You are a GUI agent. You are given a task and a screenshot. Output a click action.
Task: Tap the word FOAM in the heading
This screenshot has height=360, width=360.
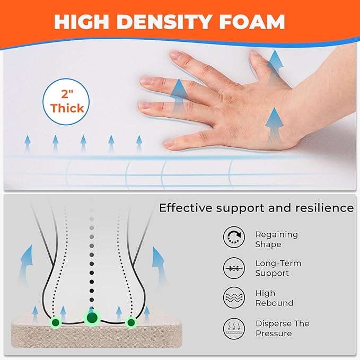(252, 22)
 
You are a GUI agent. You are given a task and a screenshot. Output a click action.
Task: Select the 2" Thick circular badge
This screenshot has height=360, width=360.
(66, 102)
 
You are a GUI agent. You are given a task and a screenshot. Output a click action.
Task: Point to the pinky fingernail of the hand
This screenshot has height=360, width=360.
(168, 144)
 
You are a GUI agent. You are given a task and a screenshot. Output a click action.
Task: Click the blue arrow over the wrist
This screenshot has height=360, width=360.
(274, 125)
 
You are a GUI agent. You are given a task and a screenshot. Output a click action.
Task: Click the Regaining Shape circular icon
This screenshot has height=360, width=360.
(234, 237)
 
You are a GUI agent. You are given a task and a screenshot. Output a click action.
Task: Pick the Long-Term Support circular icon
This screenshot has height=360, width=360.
(234, 268)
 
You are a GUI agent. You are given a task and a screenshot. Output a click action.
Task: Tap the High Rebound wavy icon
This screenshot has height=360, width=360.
(234, 297)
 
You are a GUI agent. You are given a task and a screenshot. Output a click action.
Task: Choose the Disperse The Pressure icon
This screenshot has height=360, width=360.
(234, 329)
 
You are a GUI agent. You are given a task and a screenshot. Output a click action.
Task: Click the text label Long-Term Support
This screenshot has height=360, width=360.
(278, 268)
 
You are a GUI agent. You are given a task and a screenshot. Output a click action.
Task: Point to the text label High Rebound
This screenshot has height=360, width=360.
(274, 298)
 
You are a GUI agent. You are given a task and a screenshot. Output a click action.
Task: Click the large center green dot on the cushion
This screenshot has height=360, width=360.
(92, 318)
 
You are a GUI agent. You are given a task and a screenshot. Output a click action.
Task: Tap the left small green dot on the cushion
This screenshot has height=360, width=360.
(56, 322)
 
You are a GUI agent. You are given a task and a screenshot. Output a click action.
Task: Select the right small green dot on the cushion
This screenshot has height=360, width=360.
(131, 322)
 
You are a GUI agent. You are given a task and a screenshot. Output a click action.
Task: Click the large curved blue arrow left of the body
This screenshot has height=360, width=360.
(26, 264)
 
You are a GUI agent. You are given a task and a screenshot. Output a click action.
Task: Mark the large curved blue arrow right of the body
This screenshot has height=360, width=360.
(159, 264)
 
